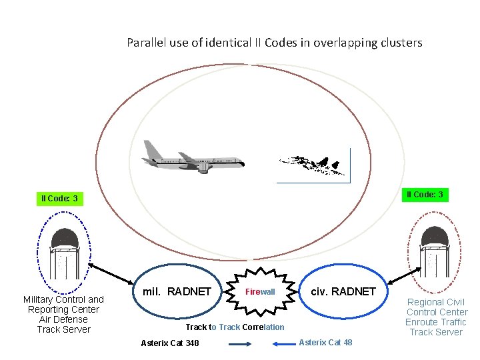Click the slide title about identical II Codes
pyautogui.click(x=274, y=43)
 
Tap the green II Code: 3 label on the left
pyautogui.click(x=59, y=199)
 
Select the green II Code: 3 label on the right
pyautogui.click(x=425, y=195)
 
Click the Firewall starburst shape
pyautogui.click(x=261, y=292)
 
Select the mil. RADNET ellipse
pyautogui.click(x=176, y=292)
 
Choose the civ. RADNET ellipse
pyautogui.click(x=343, y=291)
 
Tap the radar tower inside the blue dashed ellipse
pyautogui.click(x=65, y=253)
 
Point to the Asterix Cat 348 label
pyautogui.click(x=169, y=343)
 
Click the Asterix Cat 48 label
pyautogui.click(x=326, y=343)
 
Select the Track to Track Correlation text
pyautogui.click(x=235, y=327)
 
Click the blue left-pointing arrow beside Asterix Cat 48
pyautogui.click(x=284, y=344)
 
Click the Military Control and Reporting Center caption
pyautogui.click(x=63, y=314)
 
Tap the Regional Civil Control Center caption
pyautogui.click(x=437, y=317)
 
